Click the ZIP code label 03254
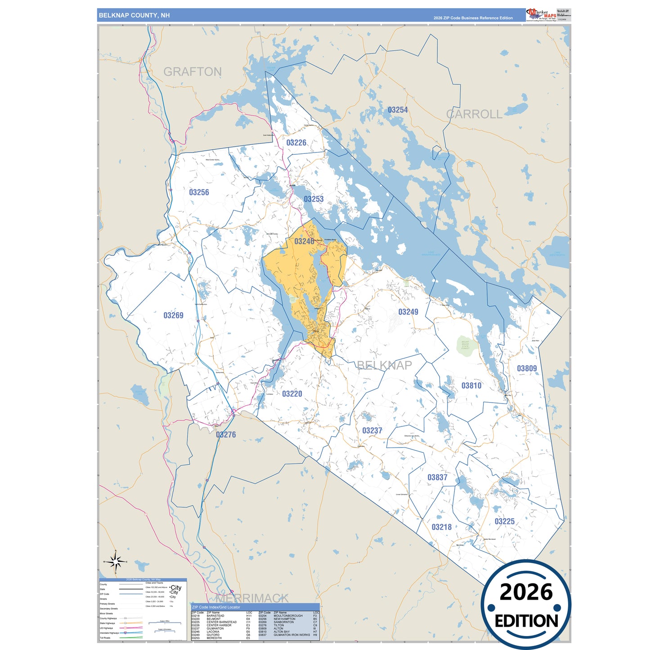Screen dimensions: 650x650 (x=398, y=110)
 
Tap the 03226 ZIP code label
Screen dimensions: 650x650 (x=296, y=143)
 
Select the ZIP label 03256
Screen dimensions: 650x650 (x=199, y=192)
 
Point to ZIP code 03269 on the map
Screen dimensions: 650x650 (x=173, y=315)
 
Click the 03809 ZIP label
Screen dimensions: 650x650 (x=527, y=368)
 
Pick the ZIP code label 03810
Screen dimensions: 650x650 (x=471, y=386)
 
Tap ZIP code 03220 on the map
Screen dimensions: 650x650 (x=292, y=394)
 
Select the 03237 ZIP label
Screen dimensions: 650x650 (x=372, y=430)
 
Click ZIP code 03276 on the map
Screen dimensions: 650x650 (x=226, y=435)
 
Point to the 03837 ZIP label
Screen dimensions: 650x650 (x=437, y=477)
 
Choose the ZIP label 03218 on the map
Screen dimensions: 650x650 (x=441, y=527)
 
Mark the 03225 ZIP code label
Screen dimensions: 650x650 (x=504, y=521)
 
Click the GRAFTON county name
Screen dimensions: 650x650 (x=193, y=72)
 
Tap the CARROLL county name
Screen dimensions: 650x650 (x=474, y=114)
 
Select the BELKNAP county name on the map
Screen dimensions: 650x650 (x=384, y=365)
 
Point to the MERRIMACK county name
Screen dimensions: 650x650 (x=252, y=598)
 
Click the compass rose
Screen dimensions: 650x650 (x=116, y=561)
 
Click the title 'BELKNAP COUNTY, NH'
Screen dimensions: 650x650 (x=134, y=15)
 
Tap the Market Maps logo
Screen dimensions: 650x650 (x=541, y=15)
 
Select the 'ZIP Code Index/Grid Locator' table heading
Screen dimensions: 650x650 (x=216, y=607)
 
